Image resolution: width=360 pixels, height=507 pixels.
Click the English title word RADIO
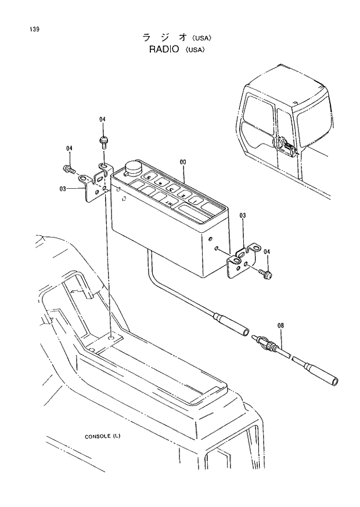[x=163, y=50]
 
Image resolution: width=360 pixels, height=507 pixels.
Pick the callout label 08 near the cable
[x=280, y=326]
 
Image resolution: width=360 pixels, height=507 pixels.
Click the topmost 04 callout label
[x=102, y=120]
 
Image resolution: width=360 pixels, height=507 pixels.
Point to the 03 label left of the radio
[x=63, y=188]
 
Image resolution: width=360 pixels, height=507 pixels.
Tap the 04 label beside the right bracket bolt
[x=267, y=251]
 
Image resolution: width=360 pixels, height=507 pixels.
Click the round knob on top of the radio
[x=132, y=167]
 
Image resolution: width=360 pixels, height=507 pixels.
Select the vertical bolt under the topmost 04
[x=103, y=141]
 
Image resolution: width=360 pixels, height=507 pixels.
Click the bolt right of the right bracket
[x=265, y=271]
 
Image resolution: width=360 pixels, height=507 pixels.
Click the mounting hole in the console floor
[x=111, y=336]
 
